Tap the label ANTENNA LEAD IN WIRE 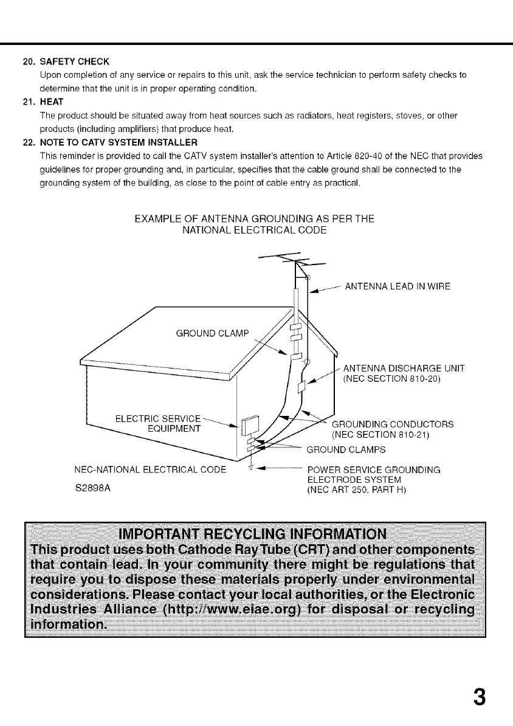398,287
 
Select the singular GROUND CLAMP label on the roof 213,333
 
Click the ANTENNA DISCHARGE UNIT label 404,368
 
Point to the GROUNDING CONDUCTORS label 392,424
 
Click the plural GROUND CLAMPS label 346,451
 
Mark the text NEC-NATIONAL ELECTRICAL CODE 150,469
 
